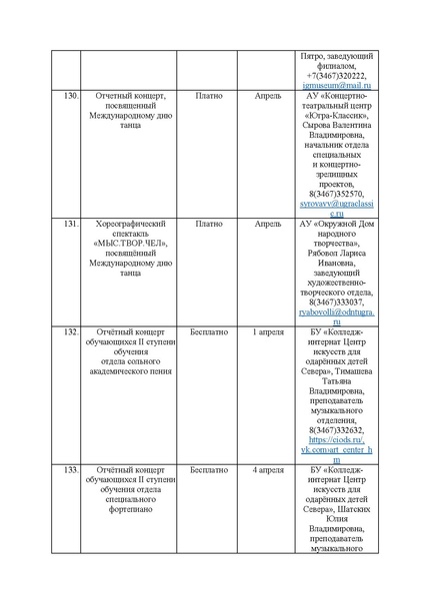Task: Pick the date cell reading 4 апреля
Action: click(x=269, y=468)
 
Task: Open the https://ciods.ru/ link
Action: click(x=336, y=439)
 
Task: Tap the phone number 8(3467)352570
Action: click(x=336, y=194)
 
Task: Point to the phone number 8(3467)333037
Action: click(x=336, y=300)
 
